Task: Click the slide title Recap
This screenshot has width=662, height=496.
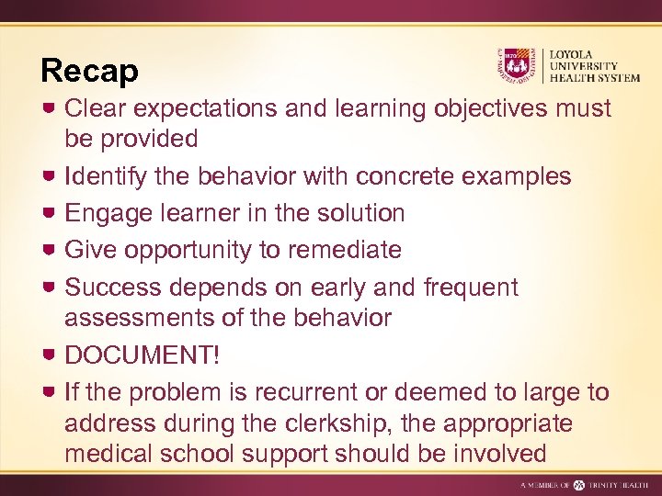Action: click(x=89, y=71)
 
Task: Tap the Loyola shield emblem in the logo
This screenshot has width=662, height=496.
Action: click(x=518, y=66)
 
